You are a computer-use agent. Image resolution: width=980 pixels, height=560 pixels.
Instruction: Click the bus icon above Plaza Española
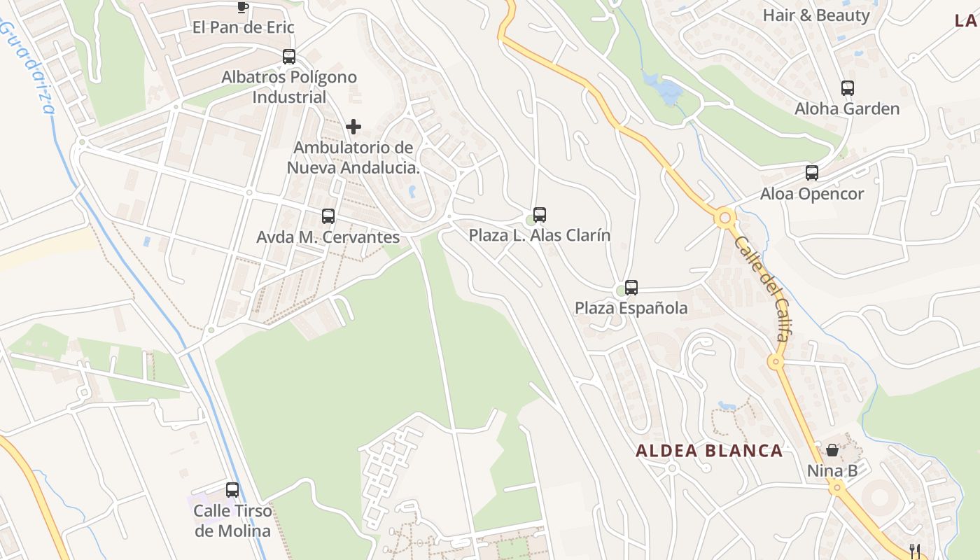631,287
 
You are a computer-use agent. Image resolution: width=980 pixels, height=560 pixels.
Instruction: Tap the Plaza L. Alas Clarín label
539,235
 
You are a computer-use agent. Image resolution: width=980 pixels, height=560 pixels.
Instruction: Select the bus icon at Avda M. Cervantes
328,216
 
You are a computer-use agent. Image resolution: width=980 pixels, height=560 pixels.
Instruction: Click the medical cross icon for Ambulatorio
353,127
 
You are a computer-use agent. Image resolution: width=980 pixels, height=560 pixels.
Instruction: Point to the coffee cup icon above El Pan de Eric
242,7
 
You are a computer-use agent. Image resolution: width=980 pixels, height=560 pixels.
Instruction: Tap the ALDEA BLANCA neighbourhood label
709,451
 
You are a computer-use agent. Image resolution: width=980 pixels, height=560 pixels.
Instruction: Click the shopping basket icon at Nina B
832,450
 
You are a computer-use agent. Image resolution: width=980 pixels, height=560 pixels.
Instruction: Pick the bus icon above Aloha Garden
847,88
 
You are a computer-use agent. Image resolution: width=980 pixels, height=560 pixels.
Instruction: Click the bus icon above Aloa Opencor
812,173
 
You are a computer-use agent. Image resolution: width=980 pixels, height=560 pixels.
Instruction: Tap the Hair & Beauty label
816,15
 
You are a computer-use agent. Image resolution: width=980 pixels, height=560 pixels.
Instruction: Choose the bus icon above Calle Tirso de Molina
232,490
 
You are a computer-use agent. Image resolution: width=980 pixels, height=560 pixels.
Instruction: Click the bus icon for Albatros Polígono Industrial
289,57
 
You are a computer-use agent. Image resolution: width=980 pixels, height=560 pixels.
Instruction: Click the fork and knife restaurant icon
913,550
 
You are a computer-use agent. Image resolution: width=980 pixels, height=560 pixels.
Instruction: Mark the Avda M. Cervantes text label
328,237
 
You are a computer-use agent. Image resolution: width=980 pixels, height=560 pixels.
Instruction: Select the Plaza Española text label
631,308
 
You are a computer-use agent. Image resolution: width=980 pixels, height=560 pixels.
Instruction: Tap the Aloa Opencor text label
812,194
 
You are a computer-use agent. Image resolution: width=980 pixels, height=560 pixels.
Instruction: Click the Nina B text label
832,470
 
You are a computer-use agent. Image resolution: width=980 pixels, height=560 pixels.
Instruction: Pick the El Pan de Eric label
244,27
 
